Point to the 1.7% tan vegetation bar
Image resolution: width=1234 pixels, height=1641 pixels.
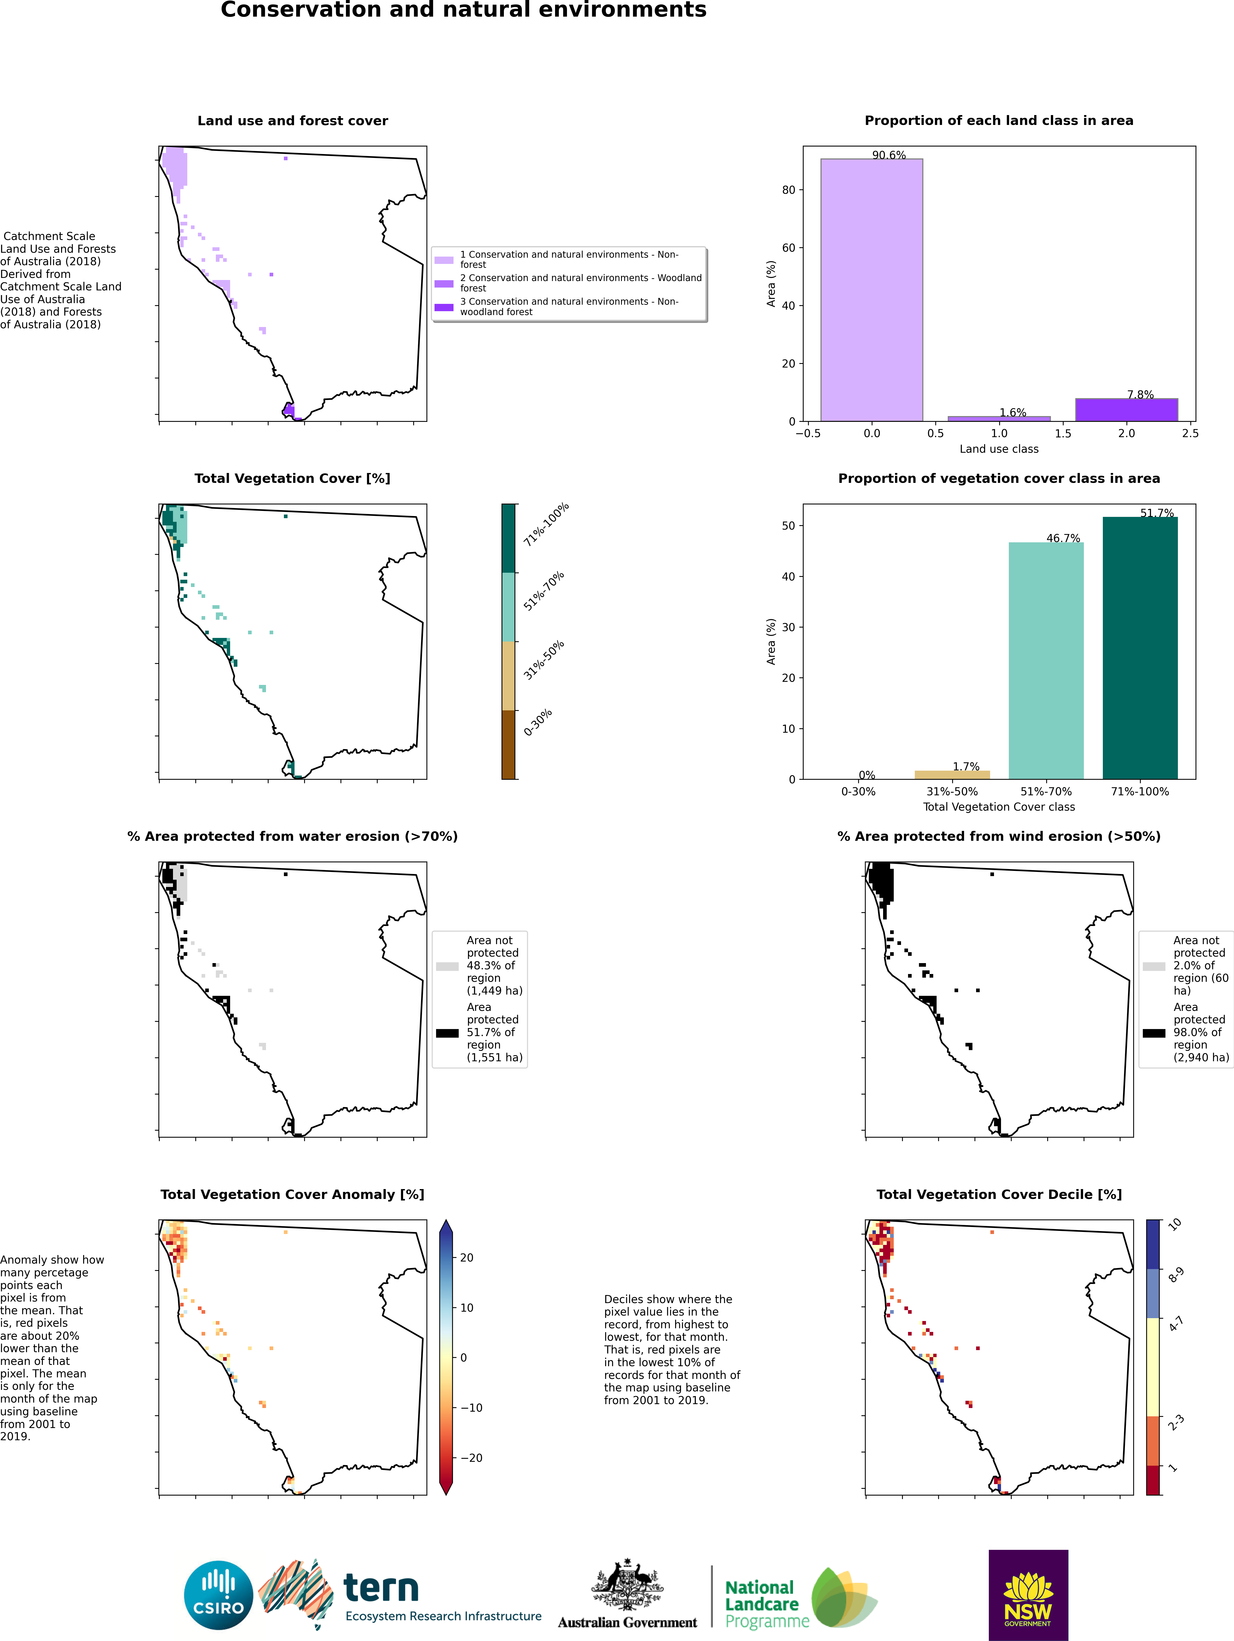(x=952, y=775)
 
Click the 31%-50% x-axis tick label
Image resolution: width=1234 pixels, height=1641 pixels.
(x=952, y=792)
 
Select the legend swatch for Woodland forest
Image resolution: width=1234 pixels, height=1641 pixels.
(x=444, y=283)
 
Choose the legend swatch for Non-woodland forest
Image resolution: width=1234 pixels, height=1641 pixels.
(x=444, y=307)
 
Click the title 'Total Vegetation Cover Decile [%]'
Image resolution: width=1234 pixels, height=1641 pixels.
(x=999, y=1195)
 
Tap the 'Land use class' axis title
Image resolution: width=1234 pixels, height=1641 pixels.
(x=999, y=449)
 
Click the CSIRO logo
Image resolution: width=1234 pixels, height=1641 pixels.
(x=219, y=1595)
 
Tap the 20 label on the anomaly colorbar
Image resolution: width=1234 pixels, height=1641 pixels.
(x=467, y=1257)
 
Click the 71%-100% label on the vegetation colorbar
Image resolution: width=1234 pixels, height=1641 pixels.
(x=545, y=524)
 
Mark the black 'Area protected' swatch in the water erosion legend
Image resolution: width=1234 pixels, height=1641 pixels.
(x=448, y=1033)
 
